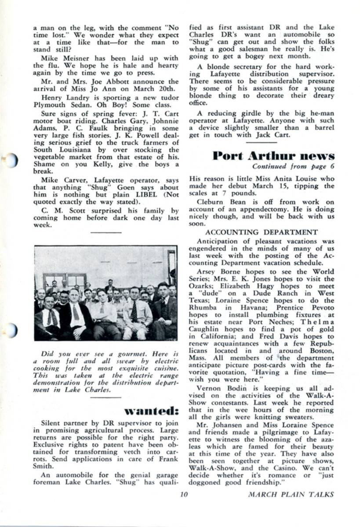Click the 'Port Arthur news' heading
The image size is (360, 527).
[273, 156]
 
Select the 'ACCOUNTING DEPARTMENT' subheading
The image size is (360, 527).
[262, 232]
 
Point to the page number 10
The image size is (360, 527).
[184, 494]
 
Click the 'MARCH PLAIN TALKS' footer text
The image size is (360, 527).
[291, 495]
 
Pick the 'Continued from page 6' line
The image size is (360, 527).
[293, 166]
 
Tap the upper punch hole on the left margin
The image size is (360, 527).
[10, 161]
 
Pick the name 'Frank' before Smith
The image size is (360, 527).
[168, 459]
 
